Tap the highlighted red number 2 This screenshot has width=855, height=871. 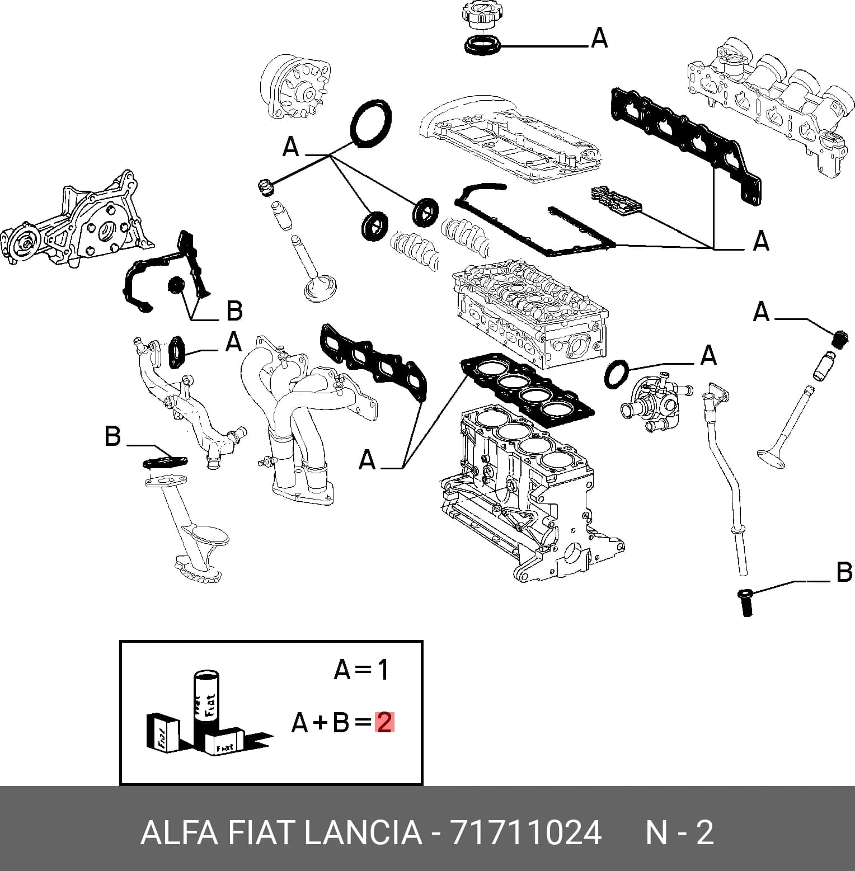(x=384, y=723)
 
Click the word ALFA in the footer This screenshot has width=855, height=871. (x=178, y=833)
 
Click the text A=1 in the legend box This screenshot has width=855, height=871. (x=361, y=669)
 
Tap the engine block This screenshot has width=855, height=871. (x=532, y=492)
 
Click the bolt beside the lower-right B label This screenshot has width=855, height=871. (x=746, y=602)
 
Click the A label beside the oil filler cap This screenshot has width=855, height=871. (x=599, y=38)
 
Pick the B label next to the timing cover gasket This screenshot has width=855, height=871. (x=234, y=310)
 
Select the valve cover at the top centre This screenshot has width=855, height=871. (x=509, y=137)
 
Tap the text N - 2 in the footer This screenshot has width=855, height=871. (x=680, y=833)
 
